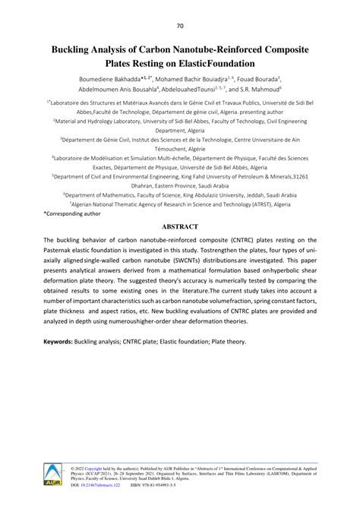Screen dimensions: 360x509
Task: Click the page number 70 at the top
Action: coord(179,27)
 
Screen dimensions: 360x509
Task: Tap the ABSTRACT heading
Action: coord(179,226)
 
